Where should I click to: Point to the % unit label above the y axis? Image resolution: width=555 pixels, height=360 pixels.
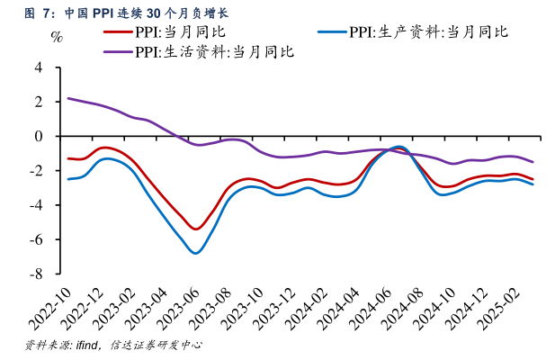tap(57, 38)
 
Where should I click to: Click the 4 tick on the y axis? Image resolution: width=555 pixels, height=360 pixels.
tap(38, 67)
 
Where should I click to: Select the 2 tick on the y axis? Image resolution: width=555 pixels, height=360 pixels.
tap(38, 102)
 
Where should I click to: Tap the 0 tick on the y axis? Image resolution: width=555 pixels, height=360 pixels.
tap(38, 136)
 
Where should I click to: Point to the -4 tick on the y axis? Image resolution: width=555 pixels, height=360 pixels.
tap(35, 204)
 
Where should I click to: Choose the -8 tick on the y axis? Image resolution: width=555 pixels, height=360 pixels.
tap(35, 273)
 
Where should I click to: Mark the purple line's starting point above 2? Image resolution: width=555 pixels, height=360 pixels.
tap(68, 99)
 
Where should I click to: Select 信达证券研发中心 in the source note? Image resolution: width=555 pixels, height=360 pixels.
tap(155, 346)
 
